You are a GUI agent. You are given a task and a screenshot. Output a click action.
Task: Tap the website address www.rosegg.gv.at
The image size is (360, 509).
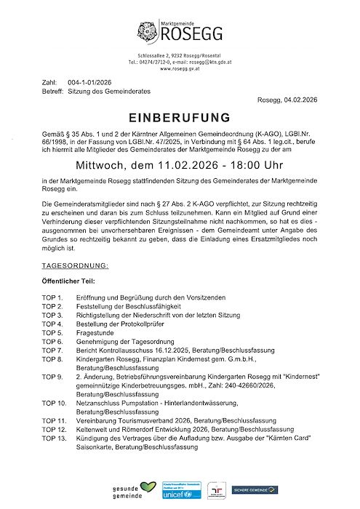coord(180,69)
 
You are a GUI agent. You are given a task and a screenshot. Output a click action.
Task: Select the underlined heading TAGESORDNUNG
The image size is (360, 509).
coord(76,246)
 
